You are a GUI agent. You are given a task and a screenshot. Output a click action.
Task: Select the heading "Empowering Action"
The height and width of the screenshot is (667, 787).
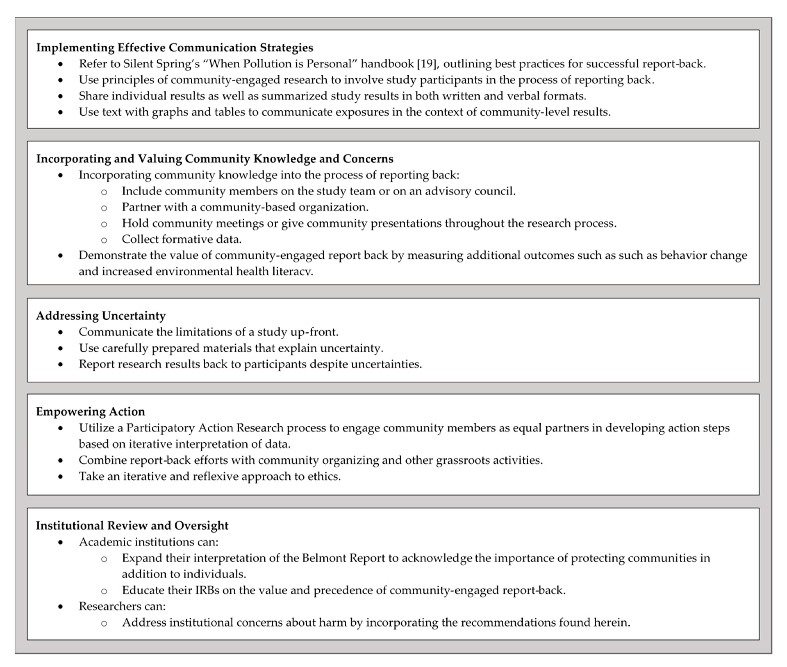90,411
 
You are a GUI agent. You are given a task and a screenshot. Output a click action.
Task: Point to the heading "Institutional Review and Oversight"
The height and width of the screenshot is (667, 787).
132,526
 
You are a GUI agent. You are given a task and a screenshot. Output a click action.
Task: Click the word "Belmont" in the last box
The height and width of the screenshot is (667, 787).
324,558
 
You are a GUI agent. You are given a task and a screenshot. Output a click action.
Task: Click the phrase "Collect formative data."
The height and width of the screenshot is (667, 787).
182,239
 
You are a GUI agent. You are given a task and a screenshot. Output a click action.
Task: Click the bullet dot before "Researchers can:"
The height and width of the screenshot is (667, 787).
60,607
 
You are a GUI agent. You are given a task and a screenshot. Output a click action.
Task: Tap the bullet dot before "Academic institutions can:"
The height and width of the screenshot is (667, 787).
60,542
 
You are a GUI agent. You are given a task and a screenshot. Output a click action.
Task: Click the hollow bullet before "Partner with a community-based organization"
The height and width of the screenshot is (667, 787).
104,208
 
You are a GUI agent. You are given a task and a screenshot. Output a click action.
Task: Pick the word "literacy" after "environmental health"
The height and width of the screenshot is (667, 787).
293,272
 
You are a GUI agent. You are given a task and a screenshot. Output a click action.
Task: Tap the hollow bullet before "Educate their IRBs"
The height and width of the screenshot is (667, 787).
104,591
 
